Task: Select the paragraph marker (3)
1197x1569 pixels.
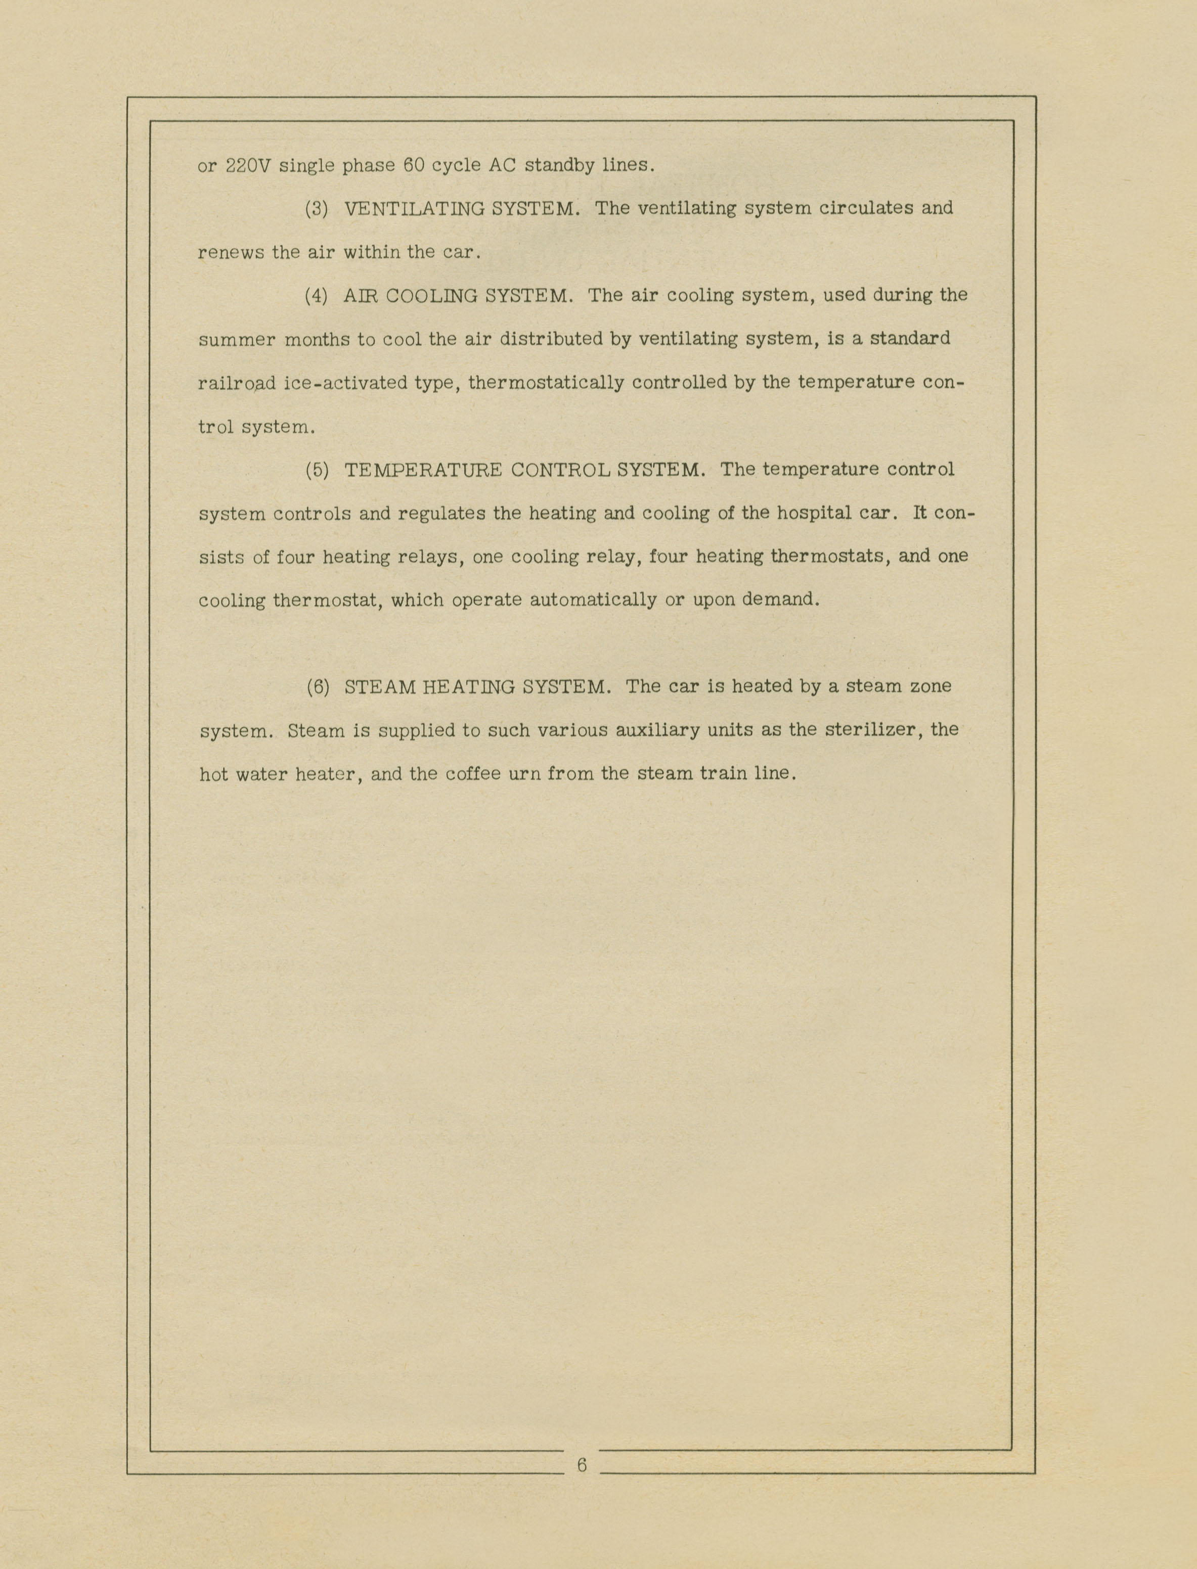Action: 317,209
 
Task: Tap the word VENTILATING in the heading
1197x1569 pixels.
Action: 411,209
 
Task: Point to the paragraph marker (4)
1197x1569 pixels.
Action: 317,296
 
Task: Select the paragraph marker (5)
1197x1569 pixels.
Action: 317,471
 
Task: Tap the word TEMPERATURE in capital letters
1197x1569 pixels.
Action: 423,471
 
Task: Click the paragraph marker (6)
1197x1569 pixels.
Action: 318,687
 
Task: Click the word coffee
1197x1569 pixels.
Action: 472,774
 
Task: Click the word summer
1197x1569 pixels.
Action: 237,340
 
